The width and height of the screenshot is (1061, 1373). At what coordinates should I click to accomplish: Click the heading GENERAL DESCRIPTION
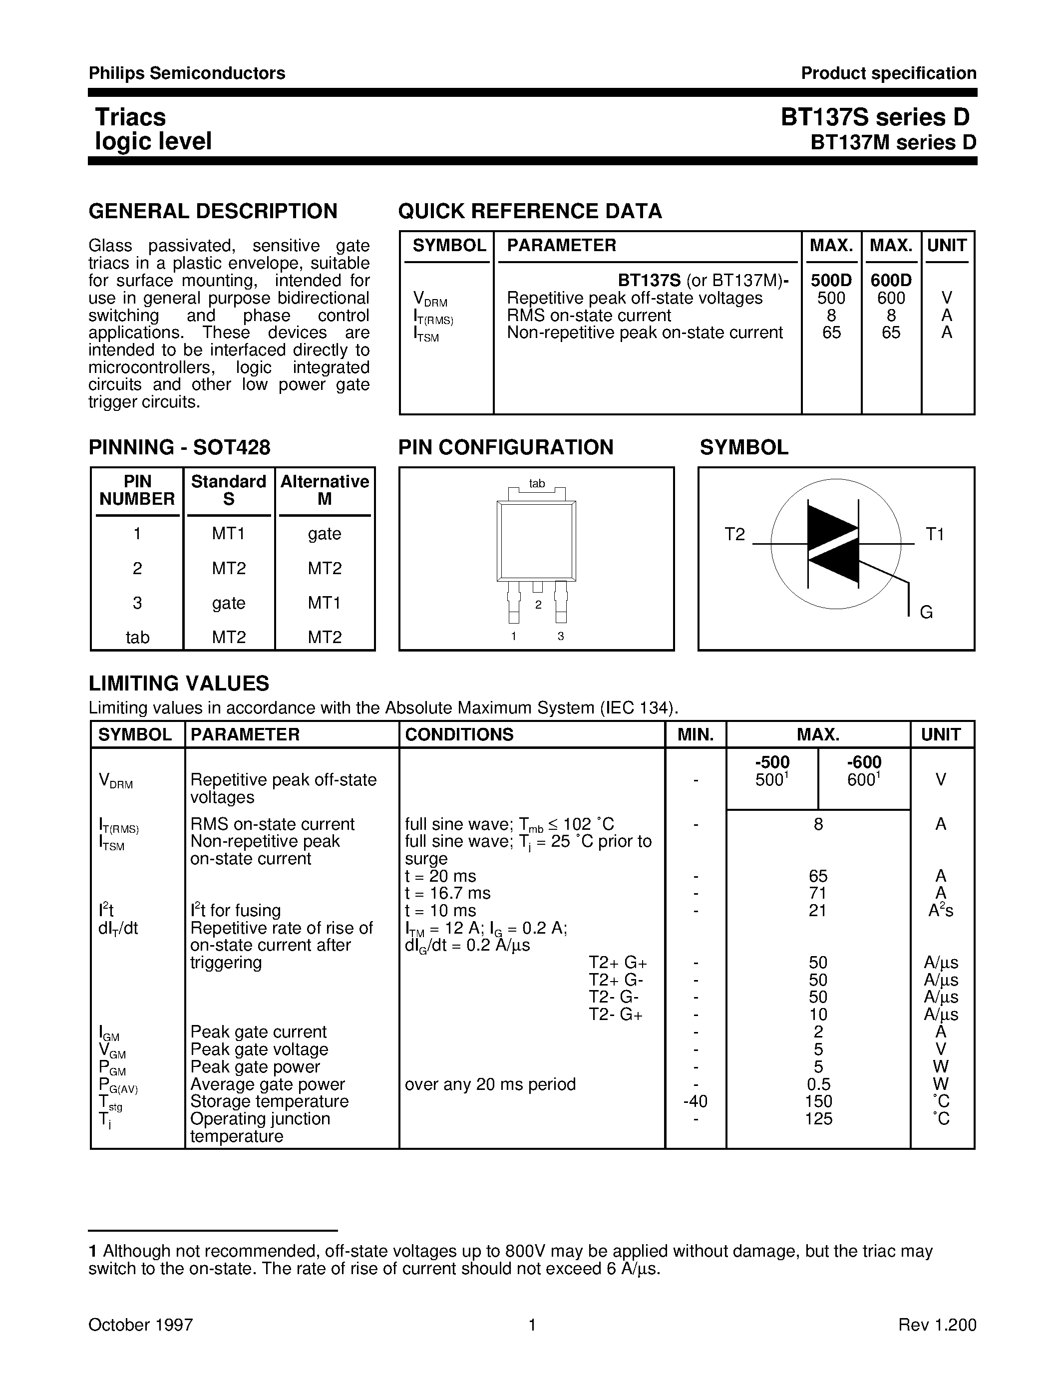[x=213, y=211]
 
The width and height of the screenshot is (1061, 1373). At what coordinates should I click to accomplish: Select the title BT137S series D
[x=875, y=117]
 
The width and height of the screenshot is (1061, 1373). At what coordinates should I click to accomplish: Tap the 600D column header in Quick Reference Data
[x=891, y=281]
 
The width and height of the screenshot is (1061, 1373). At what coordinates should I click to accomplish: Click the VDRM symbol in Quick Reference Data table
[x=430, y=299]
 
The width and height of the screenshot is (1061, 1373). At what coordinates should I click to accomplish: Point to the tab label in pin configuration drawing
[x=536, y=483]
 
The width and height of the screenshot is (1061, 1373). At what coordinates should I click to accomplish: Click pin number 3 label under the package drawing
[x=561, y=636]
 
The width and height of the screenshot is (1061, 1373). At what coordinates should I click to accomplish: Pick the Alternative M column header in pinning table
[x=325, y=490]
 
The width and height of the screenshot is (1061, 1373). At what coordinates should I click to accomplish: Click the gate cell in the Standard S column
[x=228, y=603]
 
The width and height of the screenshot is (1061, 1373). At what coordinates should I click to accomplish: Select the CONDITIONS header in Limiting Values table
[x=459, y=734]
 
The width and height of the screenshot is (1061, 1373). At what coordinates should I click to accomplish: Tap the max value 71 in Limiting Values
[x=818, y=893]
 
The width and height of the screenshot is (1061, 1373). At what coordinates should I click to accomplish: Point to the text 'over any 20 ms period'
[x=490, y=1084]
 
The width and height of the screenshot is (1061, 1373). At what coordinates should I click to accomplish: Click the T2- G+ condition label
[x=615, y=1015]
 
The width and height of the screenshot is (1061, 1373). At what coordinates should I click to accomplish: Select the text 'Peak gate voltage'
[x=259, y=1049]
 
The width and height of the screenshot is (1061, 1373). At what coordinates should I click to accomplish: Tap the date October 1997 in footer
[x=140, y=1325]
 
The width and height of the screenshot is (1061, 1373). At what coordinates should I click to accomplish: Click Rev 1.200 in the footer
[x=937, y=1325]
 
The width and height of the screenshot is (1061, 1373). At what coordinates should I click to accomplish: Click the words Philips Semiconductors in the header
[x=187, y=73]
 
